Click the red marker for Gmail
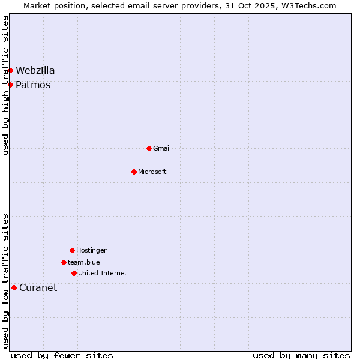pos(149,148)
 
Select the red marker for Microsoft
pos(134,172)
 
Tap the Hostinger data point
pos(72,250)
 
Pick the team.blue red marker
pos(64,262)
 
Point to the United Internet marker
pos(74,273)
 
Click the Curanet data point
pos(14,287)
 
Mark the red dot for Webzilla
pos(10,70)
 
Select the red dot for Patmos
pos(10,85)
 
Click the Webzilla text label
pos(35,70)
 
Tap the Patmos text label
pos(33,85)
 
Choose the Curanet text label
pos(38,287)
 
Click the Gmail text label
pos(162,148)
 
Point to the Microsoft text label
pos(152,172)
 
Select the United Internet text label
pos(103,273)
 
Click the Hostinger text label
pos(91,250)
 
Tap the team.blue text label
pos(84,262)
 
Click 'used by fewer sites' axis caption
pos(62,355)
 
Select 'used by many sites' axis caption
pos(301,355)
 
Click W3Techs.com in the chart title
pos(310,5)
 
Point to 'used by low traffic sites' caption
pos(6,280)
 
